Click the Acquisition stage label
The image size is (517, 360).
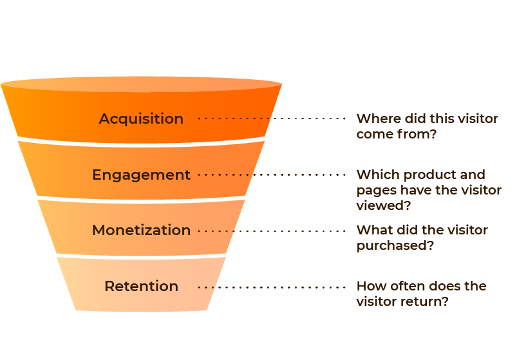click(x=141, y=119)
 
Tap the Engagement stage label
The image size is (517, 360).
click(x=141, y=175)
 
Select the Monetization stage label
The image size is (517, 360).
click(x=141, y=230)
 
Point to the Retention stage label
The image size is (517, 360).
click(x=141, y=286)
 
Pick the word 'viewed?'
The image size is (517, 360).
click(x=384, y=205)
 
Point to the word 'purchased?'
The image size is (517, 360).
click(x=395, y=246)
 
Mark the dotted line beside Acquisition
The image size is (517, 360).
click(x=271, y=118)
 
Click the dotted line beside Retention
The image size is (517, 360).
click(x=271, y=287)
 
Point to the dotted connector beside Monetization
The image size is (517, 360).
click(x=271, y=231)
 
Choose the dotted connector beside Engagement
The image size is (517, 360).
click(x=271, y=175)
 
